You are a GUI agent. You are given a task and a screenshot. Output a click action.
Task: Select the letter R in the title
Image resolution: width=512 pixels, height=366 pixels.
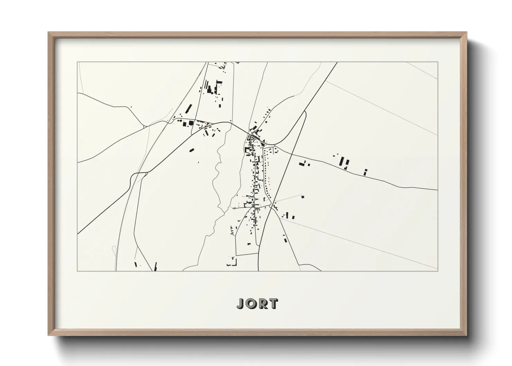[263, 303]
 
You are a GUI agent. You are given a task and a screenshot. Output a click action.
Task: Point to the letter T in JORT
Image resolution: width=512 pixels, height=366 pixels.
[273, 303]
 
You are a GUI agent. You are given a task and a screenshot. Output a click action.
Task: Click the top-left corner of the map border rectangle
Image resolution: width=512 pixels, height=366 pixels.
[77, 62]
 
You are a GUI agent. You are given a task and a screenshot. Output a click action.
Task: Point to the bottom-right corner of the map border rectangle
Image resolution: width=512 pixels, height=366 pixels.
[438, 271]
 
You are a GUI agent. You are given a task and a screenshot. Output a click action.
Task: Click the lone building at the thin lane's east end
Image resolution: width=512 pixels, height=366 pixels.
[302, 196]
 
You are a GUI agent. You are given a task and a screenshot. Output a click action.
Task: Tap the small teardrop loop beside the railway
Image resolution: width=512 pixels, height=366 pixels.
[114, 249]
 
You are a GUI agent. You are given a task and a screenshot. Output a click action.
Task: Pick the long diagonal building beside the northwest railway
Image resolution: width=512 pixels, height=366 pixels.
[188, 108]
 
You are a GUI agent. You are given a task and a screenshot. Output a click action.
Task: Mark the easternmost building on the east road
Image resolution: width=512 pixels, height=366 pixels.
[365, 172]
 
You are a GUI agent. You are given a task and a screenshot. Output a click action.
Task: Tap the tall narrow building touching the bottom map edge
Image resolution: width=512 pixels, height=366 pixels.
[155, 266]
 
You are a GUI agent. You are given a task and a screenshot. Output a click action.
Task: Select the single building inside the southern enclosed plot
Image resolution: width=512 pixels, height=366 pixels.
[249, 244]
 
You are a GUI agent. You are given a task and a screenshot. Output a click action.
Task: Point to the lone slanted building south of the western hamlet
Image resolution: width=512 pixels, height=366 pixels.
[192, 150]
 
